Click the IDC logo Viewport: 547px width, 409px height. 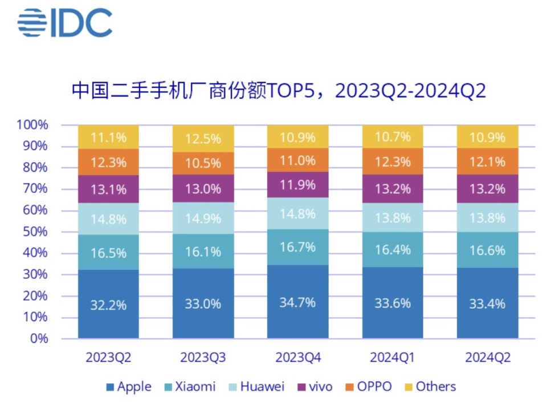(x=64, y=23)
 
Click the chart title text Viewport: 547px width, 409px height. (x=279, y=91)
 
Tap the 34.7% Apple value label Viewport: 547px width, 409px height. (x=297, y=302)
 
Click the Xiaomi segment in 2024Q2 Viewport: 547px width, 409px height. (x=487, y=250)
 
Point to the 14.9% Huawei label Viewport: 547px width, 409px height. (x=203, y=219)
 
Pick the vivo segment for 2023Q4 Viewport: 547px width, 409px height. (x=297, y=184)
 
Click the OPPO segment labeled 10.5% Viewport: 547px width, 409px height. (x=203, y=163)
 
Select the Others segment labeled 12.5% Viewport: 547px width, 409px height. (x=203, y=138)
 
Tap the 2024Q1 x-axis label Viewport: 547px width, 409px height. (x=393, y=358)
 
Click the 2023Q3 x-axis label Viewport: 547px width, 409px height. (x=203, y=358)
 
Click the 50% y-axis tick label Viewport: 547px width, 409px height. (x=35, y=232)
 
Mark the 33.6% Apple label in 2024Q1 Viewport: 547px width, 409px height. (x=393, y=303)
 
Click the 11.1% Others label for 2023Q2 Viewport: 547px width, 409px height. (x=108, y=136)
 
